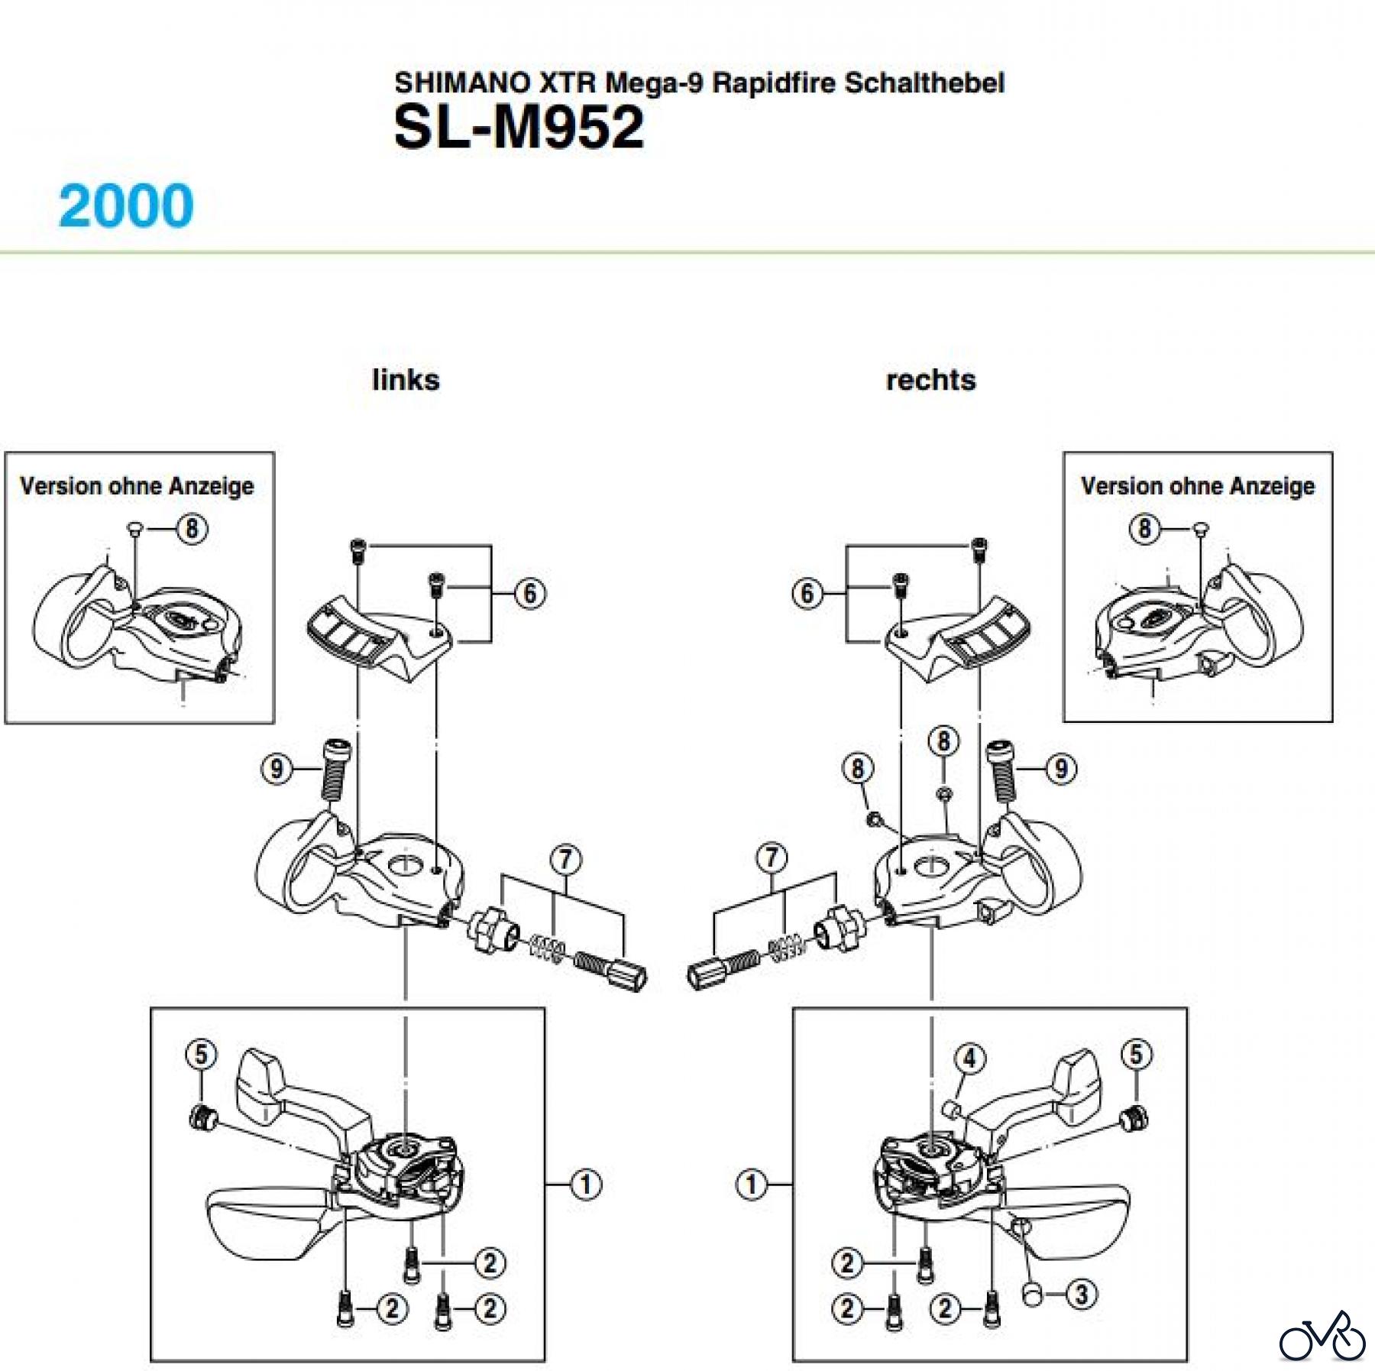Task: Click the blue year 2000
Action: pyautogui.click(x=126, y=206)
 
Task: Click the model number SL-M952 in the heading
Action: pyautogui.click(x=519, y=127)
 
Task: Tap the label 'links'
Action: pyautogui.click(x=406, y=380)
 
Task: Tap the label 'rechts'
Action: pyautogui.click(x=930, y=380)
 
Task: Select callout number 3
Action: pyautogui.click(x=1081, y=1295)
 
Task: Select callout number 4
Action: pyautogui.click(x=970, y=1058)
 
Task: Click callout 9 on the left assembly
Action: pyautogui.click(x=277, y=768)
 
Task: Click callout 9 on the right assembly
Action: pyautogui.click(x=1061, y=768)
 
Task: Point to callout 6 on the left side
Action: pyautogui.click(x=530, y=593)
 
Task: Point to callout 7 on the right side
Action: pyautogui.click(x=772, y=857)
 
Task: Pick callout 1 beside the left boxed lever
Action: pyautogui.click(x=586, y=1185)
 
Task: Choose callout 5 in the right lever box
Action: pyautogui.click(x=1136, y=1055)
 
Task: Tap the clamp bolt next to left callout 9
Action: pyautogui.click(x=334, y=768)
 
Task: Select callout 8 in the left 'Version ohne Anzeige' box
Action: pyautogui.click(x=192, y=528)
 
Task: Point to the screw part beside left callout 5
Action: pyautogui.click(x=202, y=1118)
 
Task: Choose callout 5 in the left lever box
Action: pyautogui.click(x=201, y=1055)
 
